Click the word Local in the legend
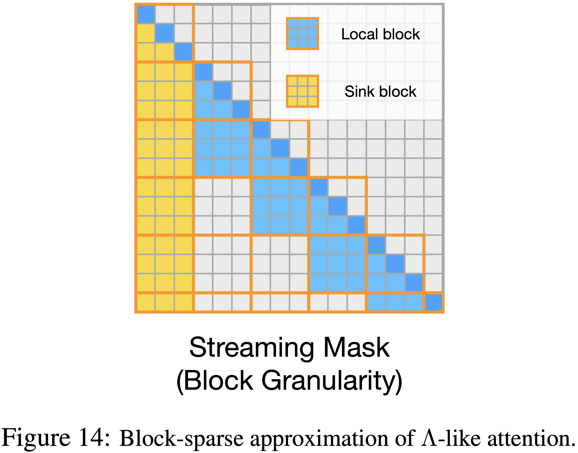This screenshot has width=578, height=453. [359, 34]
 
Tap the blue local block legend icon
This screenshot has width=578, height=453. [302, 34]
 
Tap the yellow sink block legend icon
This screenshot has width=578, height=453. [302, 91]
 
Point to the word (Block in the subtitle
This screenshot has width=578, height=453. [215, 381]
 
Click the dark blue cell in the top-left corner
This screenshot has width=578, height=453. [146, 14]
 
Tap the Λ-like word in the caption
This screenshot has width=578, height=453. [451, 438]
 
